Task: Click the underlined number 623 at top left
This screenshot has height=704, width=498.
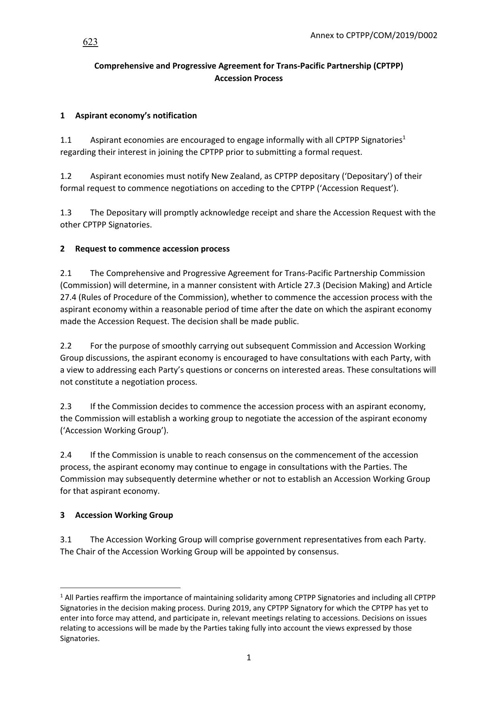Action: click(90, 42)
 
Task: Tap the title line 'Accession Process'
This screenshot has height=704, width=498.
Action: click(248, 78)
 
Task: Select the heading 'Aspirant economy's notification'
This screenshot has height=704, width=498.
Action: click(136, 116)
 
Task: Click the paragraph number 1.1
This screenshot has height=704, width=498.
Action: click(66, 140)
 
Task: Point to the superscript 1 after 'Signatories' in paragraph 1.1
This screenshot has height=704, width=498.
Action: click(404, 138)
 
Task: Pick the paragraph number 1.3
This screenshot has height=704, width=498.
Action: click(66, 213)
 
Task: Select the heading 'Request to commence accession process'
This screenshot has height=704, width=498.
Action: click(152, 249)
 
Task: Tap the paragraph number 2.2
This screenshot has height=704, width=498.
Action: click(66, 346)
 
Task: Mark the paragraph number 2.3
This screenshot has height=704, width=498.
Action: click(66, 406)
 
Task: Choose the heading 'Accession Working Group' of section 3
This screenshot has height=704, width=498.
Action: click(124, 515)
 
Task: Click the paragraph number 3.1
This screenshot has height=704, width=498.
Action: click(66, 540)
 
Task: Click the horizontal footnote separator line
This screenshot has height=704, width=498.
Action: click(120, 588)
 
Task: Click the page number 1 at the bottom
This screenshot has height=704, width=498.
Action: click(248, 657)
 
